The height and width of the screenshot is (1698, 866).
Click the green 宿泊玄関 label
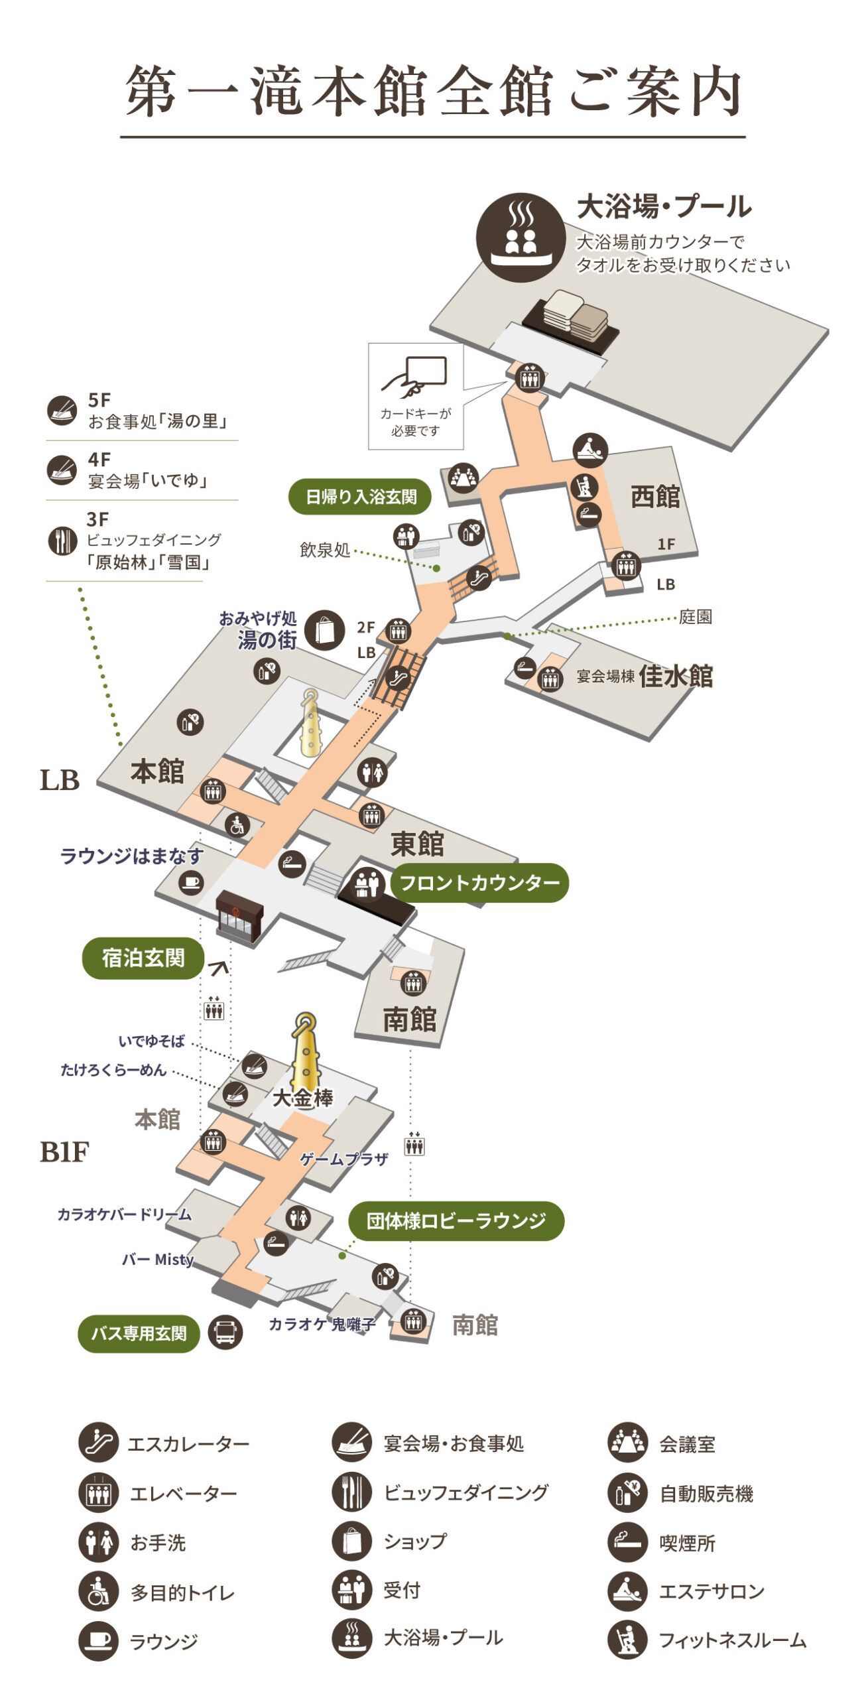point(143,958)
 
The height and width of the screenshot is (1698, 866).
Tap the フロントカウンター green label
point(479,883)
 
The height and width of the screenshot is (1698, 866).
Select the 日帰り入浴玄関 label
point(360,496)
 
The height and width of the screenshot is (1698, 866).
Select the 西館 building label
point(654,496)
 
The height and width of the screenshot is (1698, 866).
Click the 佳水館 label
point(676,677)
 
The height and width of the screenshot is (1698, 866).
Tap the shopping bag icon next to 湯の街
point(325,629)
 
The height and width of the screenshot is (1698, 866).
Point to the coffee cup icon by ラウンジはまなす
point(191,882)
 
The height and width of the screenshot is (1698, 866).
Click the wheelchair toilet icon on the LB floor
point(237,825)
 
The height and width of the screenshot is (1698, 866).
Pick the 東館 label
point(416,844)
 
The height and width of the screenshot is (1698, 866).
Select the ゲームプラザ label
point(343,1159)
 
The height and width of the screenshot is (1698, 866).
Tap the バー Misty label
point(157,1259)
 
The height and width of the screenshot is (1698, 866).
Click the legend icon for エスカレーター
point(98,1443)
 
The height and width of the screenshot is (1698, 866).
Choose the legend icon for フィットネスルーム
point(627,1640)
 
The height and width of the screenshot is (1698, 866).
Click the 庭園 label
point(695,617)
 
